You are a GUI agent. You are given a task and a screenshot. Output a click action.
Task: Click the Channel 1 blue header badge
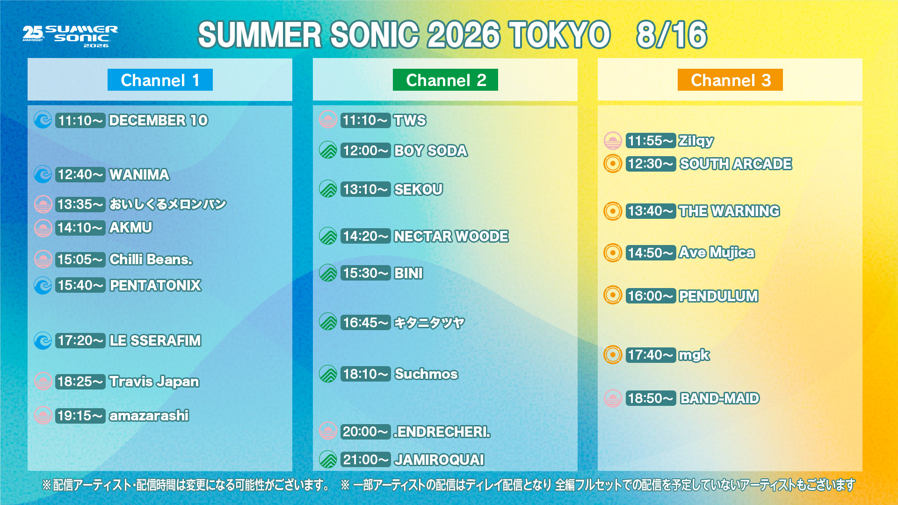click(x=160, y=80)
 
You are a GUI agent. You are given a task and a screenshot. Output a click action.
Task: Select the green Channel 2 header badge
click(x=445, y=80)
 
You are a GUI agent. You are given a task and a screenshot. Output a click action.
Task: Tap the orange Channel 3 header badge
click(x=730, y=80)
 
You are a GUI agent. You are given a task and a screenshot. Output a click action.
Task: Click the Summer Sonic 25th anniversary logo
click(x=70, y=36)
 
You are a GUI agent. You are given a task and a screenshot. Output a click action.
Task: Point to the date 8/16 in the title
click(x=672, y=35)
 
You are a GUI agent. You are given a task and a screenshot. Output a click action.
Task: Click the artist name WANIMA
click(x=139, y=175)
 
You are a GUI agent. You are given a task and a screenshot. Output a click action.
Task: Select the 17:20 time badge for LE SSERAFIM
click(x=80, y=340)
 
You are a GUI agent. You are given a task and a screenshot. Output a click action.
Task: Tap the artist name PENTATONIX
click(x=155, y=285)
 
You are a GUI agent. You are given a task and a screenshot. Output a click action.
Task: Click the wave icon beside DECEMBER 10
click(x=43, y=120)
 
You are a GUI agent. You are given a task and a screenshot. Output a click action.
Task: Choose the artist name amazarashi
click(x=149, y=415)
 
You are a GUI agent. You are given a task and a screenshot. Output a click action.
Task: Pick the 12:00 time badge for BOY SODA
click(x=366, y=151)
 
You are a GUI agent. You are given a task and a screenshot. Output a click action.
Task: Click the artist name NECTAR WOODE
click(x=451, y=236)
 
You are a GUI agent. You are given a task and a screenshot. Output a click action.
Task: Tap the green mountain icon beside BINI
click(x=328, y=273)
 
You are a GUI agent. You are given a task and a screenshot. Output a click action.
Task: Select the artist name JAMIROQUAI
click(x=439, y=460)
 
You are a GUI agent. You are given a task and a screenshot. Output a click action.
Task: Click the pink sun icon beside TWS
click(x=328, y=120)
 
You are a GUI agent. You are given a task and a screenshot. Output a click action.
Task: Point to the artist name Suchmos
click(x=426, y=374)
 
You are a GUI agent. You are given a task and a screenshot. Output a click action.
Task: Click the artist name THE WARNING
click(x=730, y=211)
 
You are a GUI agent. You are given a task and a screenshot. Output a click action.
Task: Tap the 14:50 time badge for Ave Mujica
click(x=651, y=253)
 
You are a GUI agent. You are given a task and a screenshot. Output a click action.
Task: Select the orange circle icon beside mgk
click(x=613, y=355)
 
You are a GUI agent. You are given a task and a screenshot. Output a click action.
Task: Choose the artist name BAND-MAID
click(x=720, y=398)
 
